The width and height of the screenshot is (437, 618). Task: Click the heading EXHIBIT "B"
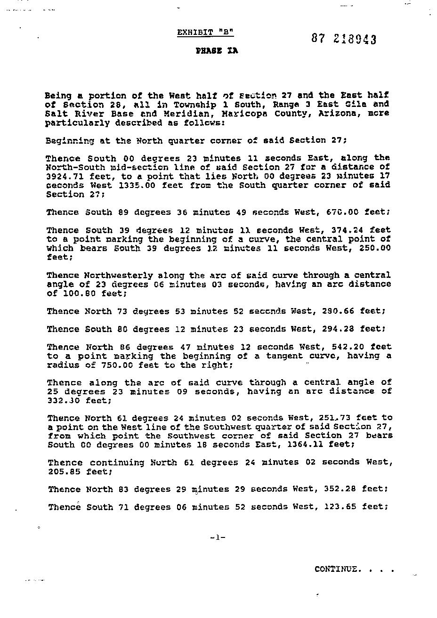click(x=205, y=33)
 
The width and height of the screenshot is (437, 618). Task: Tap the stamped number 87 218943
click(x=344, y=39)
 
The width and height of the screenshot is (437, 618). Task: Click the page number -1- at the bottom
click(x=218, y=537)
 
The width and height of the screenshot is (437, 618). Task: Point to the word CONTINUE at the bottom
click(x=338, y=569)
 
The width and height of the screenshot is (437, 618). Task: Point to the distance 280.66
click(x=339, y=311)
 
